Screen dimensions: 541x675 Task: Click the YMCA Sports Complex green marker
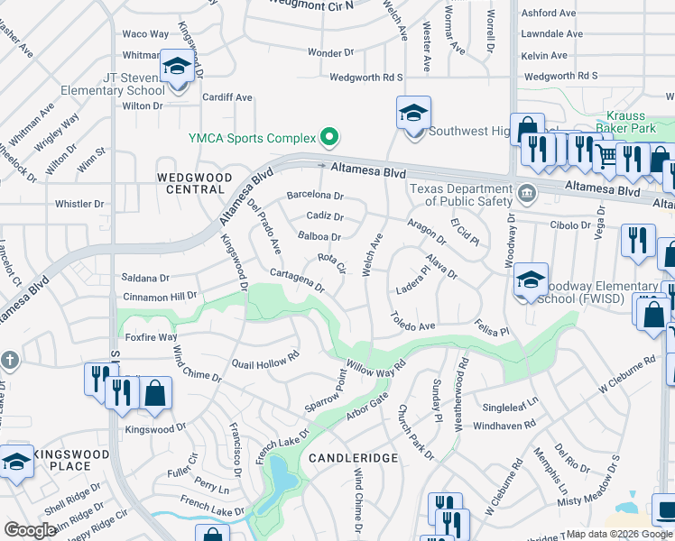tap(330, 138)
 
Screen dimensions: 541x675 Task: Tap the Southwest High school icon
tap(413, 115)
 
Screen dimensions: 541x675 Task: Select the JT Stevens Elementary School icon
tap(177, 68)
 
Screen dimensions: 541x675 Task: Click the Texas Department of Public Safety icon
tap(526, 191)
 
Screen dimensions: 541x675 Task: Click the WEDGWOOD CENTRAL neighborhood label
tap(195, 183)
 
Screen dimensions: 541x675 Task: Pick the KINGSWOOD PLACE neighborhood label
tap(63, 460)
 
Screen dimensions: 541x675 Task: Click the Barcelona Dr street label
tap(315, 195)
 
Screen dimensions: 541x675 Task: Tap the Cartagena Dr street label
tap(297, 280)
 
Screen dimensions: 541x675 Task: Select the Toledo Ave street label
tap(412, 320)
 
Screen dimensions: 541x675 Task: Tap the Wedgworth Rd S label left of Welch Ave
tap(365, 78)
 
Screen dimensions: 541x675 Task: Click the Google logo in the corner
tap(30, 530)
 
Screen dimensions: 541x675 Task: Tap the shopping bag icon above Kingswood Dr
tap(155, 393)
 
